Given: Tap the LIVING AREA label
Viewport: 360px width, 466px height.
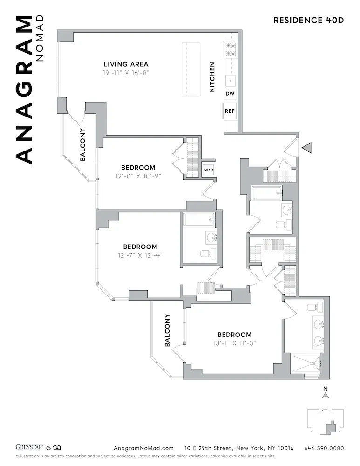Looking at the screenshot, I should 126,64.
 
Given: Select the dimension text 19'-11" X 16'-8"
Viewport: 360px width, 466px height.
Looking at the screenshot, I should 126,73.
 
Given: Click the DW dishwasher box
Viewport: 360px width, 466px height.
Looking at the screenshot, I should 230,94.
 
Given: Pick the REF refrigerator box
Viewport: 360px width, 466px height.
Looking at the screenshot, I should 230,111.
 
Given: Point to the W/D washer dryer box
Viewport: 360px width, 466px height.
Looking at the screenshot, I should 208,170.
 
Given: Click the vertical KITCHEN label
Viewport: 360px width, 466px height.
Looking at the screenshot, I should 212,77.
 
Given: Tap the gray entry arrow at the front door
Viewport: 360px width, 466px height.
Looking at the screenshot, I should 307,148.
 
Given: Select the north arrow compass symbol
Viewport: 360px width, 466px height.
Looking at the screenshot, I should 326,394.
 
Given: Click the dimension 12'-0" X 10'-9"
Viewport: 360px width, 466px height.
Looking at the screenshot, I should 138,176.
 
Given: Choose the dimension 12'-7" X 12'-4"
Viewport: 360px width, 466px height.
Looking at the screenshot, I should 140,255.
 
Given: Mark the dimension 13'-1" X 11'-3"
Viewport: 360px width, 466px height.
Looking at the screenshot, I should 234,343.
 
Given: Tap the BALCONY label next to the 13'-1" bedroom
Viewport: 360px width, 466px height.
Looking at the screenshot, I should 167,330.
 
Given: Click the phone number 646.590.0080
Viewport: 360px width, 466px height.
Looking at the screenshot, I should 324,448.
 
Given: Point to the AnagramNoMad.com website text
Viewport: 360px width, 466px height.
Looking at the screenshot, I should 143,448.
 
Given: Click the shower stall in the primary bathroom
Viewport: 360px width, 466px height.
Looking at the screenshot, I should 306,364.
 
